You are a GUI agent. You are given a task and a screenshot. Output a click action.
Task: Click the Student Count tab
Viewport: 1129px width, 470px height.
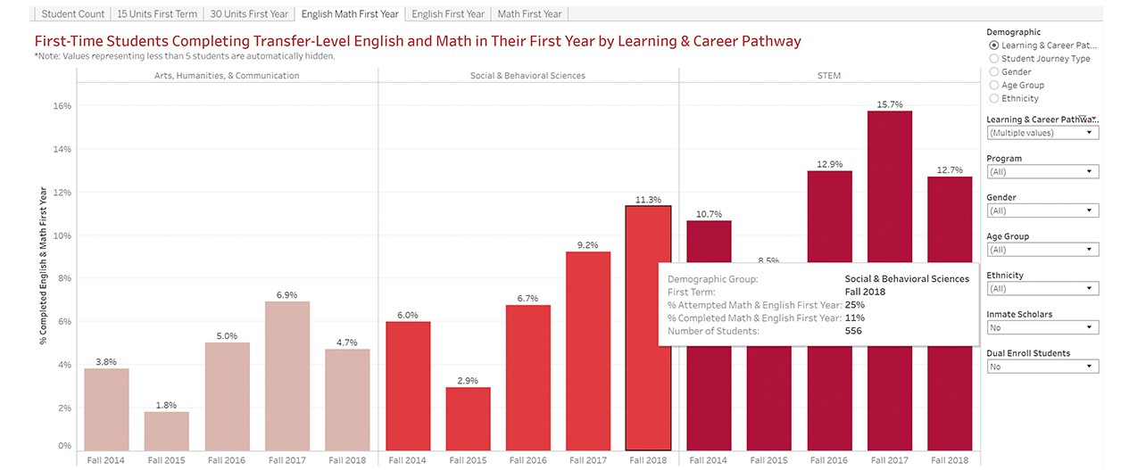coord(72,14)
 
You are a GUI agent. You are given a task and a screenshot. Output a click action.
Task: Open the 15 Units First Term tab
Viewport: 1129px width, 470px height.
coord(157,14)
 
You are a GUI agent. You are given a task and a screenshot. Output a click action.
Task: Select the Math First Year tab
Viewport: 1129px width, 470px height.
coord(529,14)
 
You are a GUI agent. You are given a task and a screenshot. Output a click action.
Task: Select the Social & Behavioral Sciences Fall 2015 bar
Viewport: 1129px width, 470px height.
coord(468,418)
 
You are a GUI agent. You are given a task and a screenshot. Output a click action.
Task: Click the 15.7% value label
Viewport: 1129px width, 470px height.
coord(890,103)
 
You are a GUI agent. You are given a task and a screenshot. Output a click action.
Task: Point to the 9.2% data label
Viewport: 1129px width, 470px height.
coord(588,244)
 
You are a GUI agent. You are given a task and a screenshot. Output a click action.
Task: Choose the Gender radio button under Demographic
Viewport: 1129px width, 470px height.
coord(994,72)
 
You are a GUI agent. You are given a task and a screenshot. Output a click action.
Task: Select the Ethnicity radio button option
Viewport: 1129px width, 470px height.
coord(994,99)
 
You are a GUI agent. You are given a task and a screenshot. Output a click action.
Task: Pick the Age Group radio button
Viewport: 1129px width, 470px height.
coord(994,86)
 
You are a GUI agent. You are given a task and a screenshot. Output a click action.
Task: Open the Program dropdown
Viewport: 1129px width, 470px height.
coord(1042,172)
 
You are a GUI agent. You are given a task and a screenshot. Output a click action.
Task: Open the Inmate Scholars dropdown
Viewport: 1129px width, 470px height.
coord(1042,327)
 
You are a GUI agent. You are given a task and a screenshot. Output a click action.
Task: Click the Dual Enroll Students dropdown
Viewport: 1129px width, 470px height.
coord(1042,367)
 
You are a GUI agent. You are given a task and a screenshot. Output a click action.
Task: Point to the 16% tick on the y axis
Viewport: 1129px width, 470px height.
coord(62,106)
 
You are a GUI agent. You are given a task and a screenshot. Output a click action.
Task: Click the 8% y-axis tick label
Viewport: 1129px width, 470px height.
coord(64,278)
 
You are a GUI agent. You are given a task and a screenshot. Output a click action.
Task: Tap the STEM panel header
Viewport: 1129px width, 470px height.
coord(828,76)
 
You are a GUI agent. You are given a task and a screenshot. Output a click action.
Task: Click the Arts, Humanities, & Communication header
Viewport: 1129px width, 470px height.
coord(227,76)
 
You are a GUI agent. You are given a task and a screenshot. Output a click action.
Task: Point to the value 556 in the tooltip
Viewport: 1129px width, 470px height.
coord(853,331)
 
